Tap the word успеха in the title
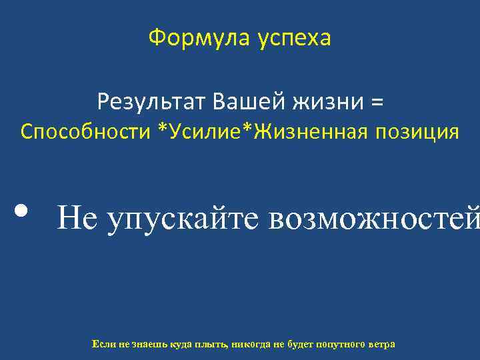point(293,39)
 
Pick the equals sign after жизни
point(377,103)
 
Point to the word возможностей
point(373,216)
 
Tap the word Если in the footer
point(105,344)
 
